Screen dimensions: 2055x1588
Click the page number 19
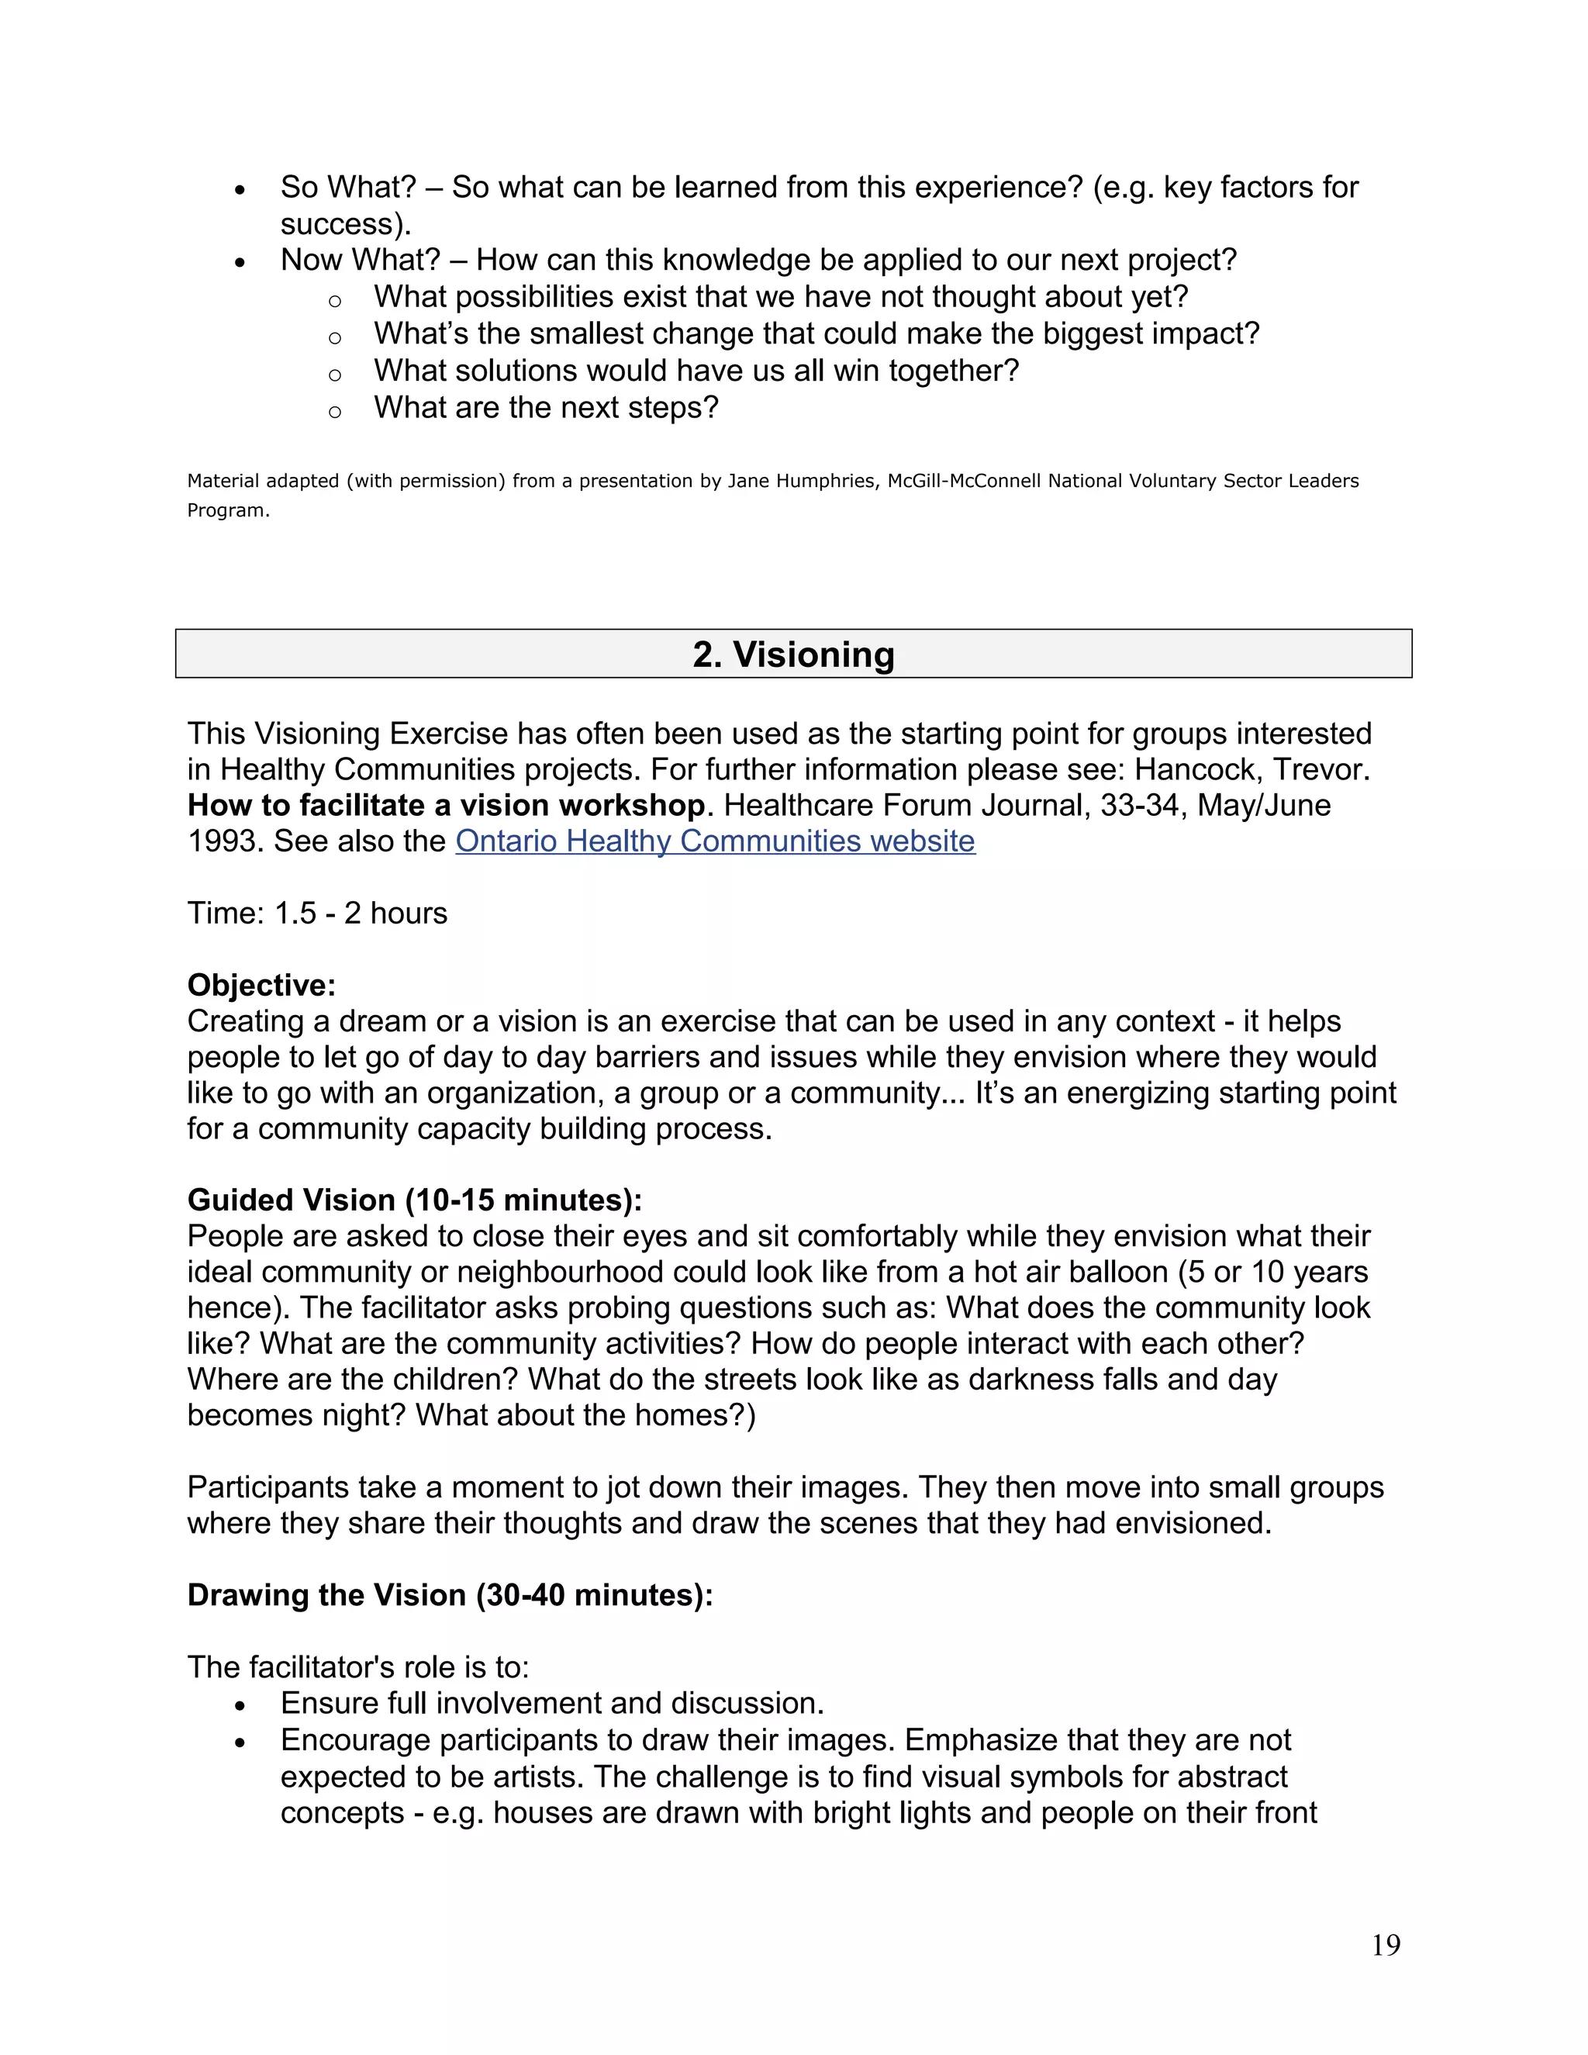click(1386, 1945)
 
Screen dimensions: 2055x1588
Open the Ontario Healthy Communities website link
click(715, 841)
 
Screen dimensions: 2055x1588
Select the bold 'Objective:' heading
click(261, 985)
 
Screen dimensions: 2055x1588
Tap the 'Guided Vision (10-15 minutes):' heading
click(415, 1200)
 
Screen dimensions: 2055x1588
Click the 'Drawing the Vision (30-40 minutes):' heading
click(450, 1595)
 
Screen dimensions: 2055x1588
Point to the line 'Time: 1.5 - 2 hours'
click(317, 913)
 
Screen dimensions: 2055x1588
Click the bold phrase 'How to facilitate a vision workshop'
click(446, 806)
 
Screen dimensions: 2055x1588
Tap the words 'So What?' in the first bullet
click(347, 187)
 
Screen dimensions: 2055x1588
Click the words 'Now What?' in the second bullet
click(361, 260)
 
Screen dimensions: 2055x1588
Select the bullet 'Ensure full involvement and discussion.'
click(552, 1703)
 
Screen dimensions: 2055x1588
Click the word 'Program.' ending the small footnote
click(228, 511)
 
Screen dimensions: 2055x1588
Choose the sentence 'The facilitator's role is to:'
click(357, 1667)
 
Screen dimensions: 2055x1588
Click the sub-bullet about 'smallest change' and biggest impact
click(816, 334)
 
